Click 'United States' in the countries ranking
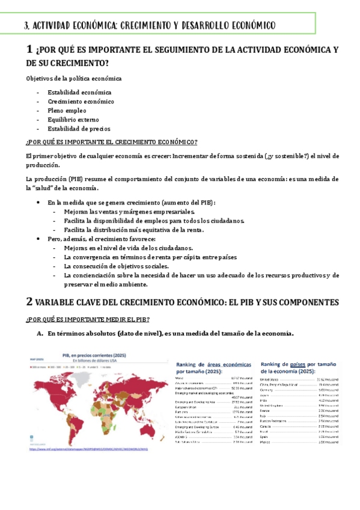pos(269,379)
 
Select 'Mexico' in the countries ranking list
pos(264,441)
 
